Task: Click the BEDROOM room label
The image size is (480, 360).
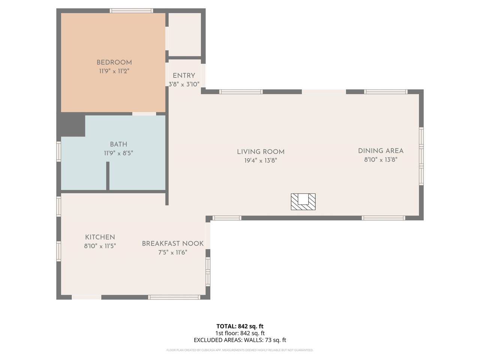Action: click(114, 63)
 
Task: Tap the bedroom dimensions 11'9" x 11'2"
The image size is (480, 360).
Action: click(114, 71)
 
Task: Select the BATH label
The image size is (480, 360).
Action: click(118, 144)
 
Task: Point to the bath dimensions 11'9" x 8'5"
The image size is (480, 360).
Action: click(118, 153)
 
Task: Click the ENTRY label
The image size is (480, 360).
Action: click(184, 76)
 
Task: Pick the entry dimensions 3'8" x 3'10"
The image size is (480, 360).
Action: click(184, 84)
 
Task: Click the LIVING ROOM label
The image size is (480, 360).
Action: click(261, 152)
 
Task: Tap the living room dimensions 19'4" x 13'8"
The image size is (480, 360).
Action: click(261, 160)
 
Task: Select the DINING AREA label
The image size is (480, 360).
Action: click(381, 151)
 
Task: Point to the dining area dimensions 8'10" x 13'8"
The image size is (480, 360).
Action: click(381, 160)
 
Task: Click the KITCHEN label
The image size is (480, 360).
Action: click(100, 237)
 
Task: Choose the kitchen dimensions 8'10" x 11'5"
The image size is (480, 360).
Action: click(100, 246)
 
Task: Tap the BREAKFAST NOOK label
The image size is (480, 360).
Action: click(173, 243)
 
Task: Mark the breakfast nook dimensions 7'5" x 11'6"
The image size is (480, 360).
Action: click(173, 252)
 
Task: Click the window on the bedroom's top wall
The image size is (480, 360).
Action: click(131, 11)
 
